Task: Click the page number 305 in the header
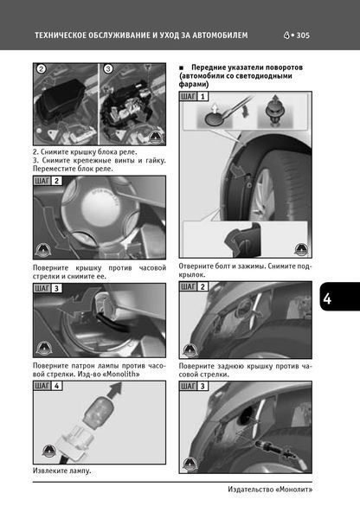(303, 35)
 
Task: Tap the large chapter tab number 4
(327, 298)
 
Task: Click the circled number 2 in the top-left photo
(41, 69)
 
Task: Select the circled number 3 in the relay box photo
(108, 69)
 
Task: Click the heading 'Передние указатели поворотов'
(247, 67)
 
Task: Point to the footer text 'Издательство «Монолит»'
(270, 490)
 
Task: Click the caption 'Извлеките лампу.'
(62, 471)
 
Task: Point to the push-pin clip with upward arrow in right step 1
(274, 111)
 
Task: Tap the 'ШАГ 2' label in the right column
(193, 286)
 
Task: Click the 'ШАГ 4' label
(48, 386)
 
